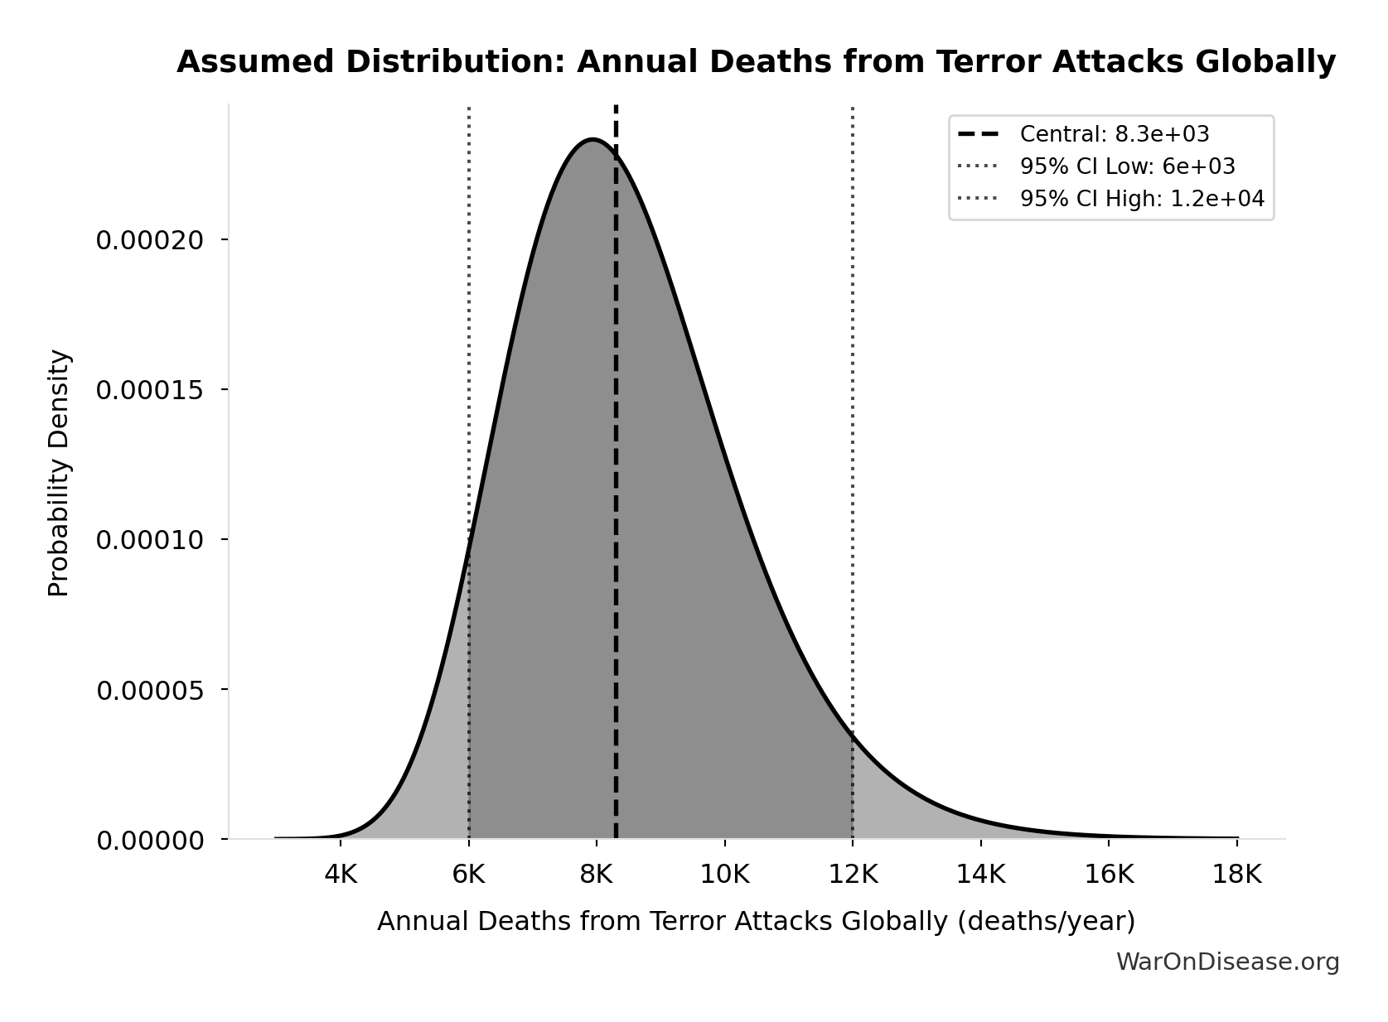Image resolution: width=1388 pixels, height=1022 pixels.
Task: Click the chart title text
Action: coord(756,62)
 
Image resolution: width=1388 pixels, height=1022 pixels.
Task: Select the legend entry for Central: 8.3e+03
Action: coord(1114,134)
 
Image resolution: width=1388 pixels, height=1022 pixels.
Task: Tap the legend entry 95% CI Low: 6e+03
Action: coord(1127,166)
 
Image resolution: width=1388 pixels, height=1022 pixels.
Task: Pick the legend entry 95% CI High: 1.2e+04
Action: coord(1141,199)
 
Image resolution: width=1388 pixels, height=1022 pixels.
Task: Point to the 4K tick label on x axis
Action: coord(341,874)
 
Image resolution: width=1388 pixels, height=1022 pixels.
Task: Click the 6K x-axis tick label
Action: coord(469,874)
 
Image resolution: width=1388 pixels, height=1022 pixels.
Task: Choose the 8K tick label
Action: coord(597,874)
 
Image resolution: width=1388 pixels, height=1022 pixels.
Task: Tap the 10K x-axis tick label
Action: coord(725,874)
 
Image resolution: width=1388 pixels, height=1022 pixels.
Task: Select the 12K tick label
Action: coord(853,874)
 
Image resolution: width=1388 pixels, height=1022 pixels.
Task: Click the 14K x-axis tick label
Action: coord(981,874)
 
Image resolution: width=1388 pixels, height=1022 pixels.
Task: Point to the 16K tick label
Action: coord(1109,874)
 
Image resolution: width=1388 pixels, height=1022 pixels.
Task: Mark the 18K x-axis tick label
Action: coord(1237,874)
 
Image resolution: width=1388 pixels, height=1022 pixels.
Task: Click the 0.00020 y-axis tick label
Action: coord(150,240)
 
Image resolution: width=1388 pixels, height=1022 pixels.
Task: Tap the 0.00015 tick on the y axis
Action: coord(150,390)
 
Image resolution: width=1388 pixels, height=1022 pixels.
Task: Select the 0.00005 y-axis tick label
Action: coord(150,690)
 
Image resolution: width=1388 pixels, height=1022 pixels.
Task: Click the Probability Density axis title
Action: coord(60,473)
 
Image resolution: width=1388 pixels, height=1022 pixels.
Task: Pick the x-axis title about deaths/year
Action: coord(756,921)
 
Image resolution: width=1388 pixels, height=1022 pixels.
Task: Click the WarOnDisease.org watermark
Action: coord(1227,962)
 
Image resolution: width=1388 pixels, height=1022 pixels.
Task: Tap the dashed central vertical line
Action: coord(616,497)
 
